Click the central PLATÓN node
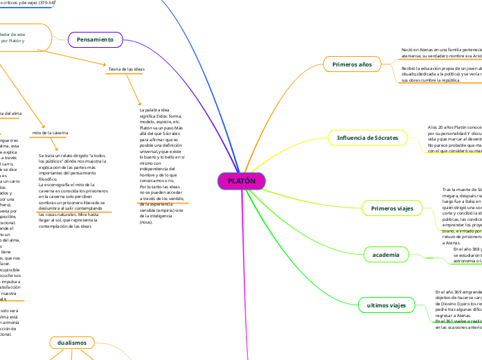pyautogui.click(x=242, y=181)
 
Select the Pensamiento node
pyautogui.click(x=95, y=40)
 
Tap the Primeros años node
pyautogui.click(x=352, y=64)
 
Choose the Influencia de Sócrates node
pyautogui.click(x=368, y=138)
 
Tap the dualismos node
pyautogui.click(x=73, y=342)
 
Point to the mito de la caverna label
pyautogui.click(x=51, y=133)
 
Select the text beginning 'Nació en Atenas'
pyautogui.click(x=440, y=51)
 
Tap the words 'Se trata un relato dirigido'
pyautogui.click(x=72, y=156)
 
